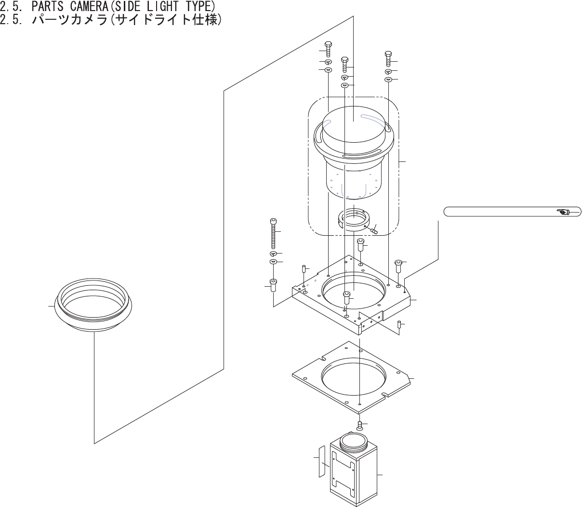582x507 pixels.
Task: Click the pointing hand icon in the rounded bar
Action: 563,212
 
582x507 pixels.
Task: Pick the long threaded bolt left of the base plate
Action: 274,233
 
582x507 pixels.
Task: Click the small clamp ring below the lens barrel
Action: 354,219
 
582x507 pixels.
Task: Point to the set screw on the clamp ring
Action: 374,230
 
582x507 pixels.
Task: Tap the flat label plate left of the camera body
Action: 322,461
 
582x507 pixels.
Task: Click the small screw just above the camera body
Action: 359,425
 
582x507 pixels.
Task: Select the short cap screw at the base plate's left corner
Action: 273,285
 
